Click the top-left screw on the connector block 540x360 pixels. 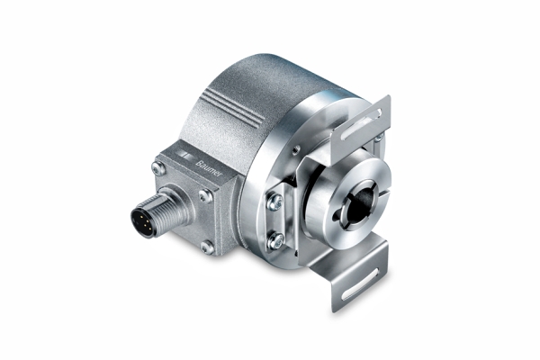click(x=159, y=167)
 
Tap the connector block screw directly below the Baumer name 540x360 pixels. click(x=205, y=194)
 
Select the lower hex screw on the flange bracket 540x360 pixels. click(x=276, y=240)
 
